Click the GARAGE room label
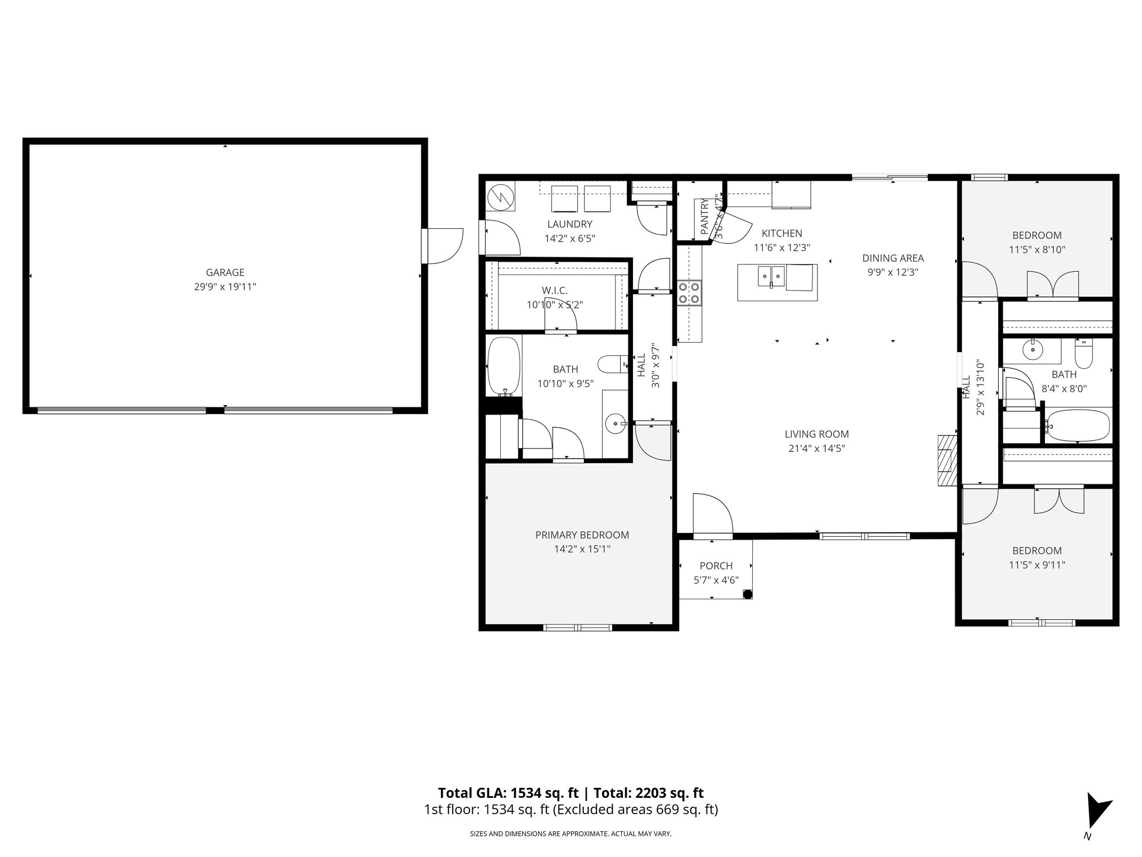225,272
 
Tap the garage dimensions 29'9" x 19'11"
225,287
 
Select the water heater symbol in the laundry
501,196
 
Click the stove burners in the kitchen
690,293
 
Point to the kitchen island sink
771,275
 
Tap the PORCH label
716,566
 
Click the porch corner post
747,594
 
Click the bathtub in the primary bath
504,367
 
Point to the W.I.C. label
554,291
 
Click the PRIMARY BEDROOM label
582,535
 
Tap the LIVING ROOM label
817,434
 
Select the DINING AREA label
893,258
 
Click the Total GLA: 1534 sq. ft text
508,793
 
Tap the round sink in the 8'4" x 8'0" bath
1033,350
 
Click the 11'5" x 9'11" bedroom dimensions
1037,565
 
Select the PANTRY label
704,216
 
